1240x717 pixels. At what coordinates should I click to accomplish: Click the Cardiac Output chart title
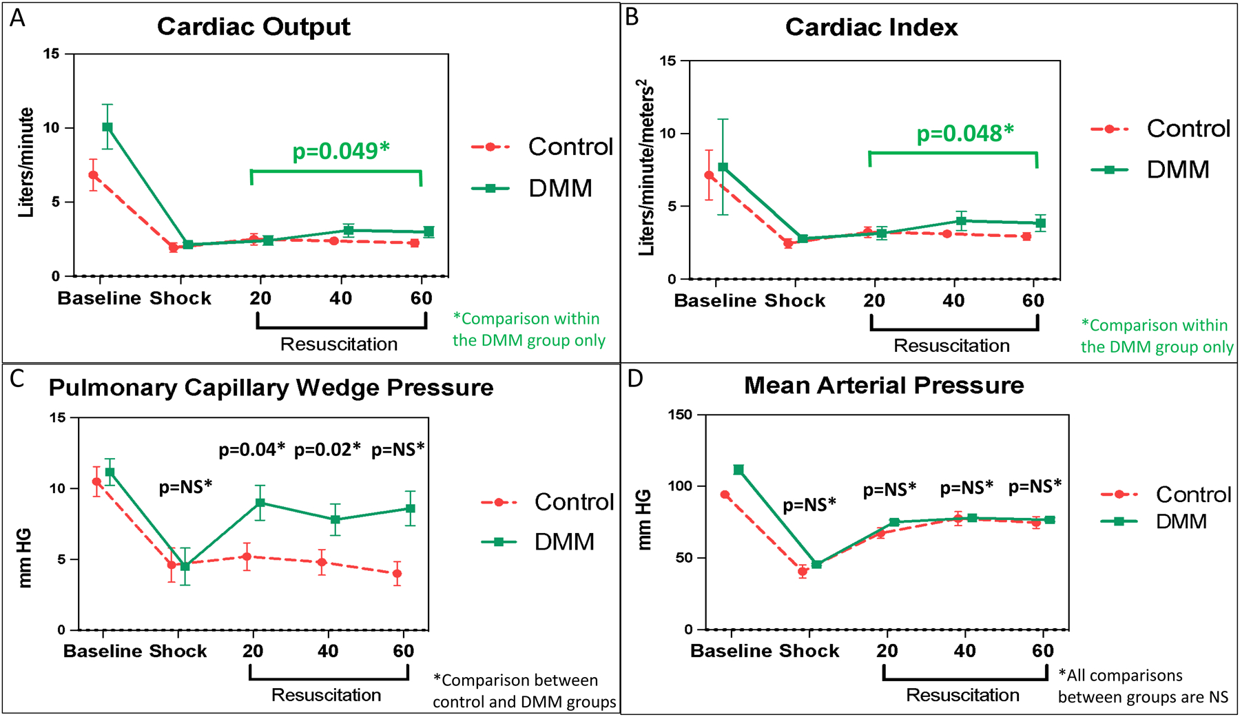(254, 27)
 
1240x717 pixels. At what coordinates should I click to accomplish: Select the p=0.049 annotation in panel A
(341, 150)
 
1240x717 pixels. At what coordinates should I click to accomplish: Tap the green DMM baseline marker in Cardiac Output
(107, 127)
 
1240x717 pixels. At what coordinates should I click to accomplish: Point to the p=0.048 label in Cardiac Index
(964, 133)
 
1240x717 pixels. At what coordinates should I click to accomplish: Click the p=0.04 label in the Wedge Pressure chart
(251, 450)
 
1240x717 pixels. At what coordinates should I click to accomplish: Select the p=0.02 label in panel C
(327, 450)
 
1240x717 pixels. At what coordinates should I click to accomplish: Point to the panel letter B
(632, 17)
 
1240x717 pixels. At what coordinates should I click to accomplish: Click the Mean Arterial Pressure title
(884, 385)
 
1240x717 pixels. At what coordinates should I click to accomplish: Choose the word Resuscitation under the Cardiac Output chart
(339, 344)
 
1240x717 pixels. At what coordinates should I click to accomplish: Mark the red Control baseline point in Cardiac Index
(709, 176)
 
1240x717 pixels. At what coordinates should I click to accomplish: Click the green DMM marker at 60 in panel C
(411, 508)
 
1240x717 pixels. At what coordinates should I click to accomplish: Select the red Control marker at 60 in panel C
(397, 573)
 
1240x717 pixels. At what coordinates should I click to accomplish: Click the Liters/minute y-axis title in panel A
(26, 163)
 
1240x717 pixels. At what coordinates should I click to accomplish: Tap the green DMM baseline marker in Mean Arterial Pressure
(738, 470)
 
